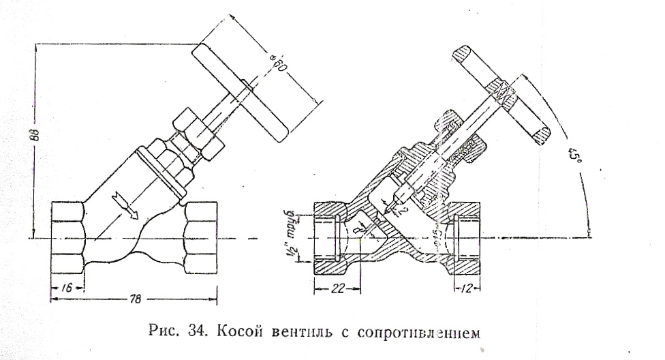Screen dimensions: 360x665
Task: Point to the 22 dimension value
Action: coord(336,289)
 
